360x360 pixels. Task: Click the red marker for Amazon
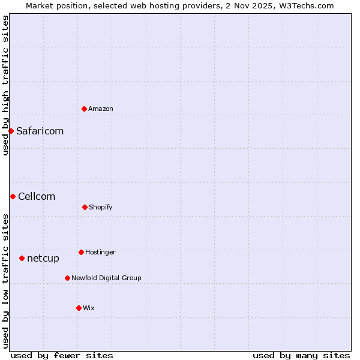click(x=85, y=109)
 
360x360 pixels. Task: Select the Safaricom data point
click(x=11, y=131)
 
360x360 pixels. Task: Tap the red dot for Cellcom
click(x=13, y=196)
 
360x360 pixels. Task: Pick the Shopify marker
click(x=85, y=207)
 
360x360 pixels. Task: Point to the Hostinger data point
click(x=81, y=252)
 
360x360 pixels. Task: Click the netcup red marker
click(x=22, y=258)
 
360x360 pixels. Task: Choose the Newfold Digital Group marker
click(x=67, y=278)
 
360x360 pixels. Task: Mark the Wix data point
click(x=79, y=308)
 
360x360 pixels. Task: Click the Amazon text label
click(x=101, y=109)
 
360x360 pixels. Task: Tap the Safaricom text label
click(x=40, y=131)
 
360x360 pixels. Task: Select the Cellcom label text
click(x=37, y=196)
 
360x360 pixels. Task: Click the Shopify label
click(x=101, y=207)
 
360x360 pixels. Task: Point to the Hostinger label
click(x=100, y=252)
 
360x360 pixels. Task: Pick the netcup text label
click(x=43, y=258)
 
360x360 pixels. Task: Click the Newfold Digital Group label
click(x=106, y=278)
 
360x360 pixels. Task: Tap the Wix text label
click(x=89, y=308)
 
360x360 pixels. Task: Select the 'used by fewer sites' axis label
click(x=62, y=355)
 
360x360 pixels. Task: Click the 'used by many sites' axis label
click(x=301, y=355)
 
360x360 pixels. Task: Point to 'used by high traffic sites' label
click(x=5, y=85)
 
